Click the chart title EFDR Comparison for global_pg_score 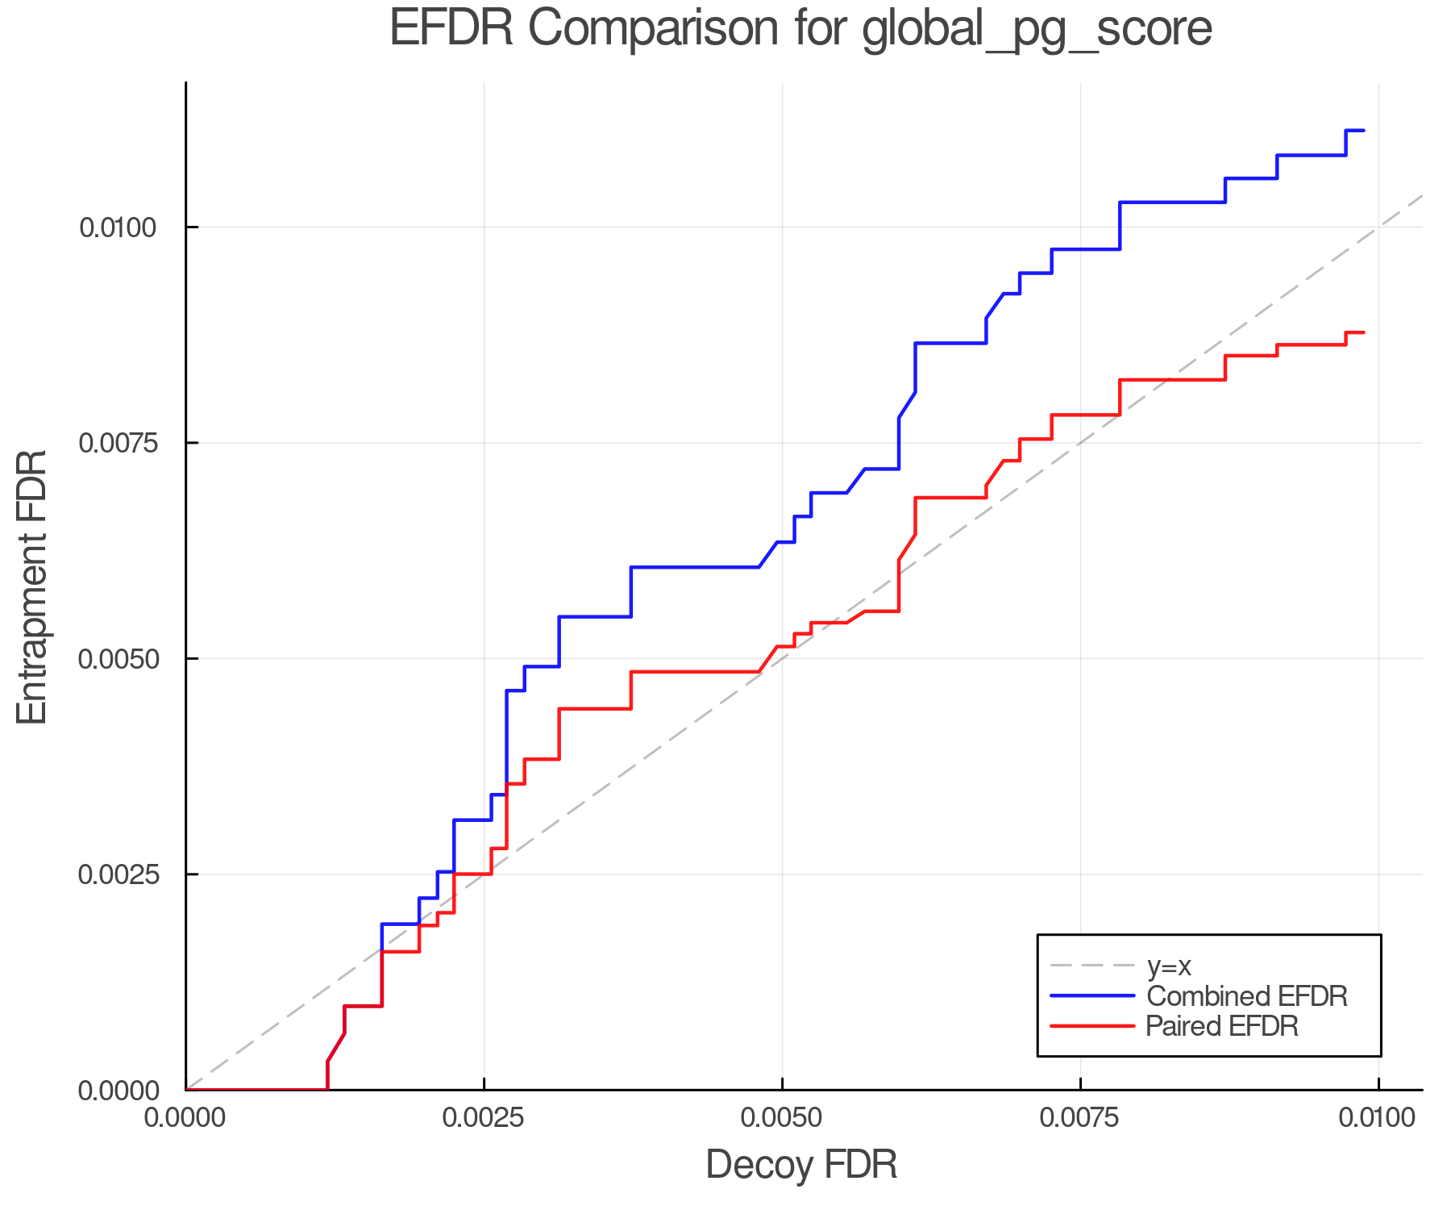(800, 29)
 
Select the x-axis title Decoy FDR (801, 1165)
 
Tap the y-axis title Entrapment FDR (33, 586)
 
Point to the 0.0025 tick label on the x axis (484, 1118)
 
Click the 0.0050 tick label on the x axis (782, 1118)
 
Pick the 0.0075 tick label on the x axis (1080, 1118)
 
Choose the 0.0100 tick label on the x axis (1378, 1118)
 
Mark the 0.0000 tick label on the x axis (186, 1118)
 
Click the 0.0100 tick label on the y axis (118, 227)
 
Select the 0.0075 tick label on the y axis (118, 443)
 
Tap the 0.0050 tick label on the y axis (118, 659)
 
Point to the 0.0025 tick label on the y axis (118, 874)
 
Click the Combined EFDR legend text (1246, 996)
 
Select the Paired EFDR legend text (1222, 1026)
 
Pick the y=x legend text (1169, 966)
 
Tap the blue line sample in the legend (1092, 996)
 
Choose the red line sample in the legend (1092, 1026)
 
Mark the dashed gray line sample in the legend (1092, 966)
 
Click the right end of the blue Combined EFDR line (1363, 131)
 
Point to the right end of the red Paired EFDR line (1363, 332)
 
